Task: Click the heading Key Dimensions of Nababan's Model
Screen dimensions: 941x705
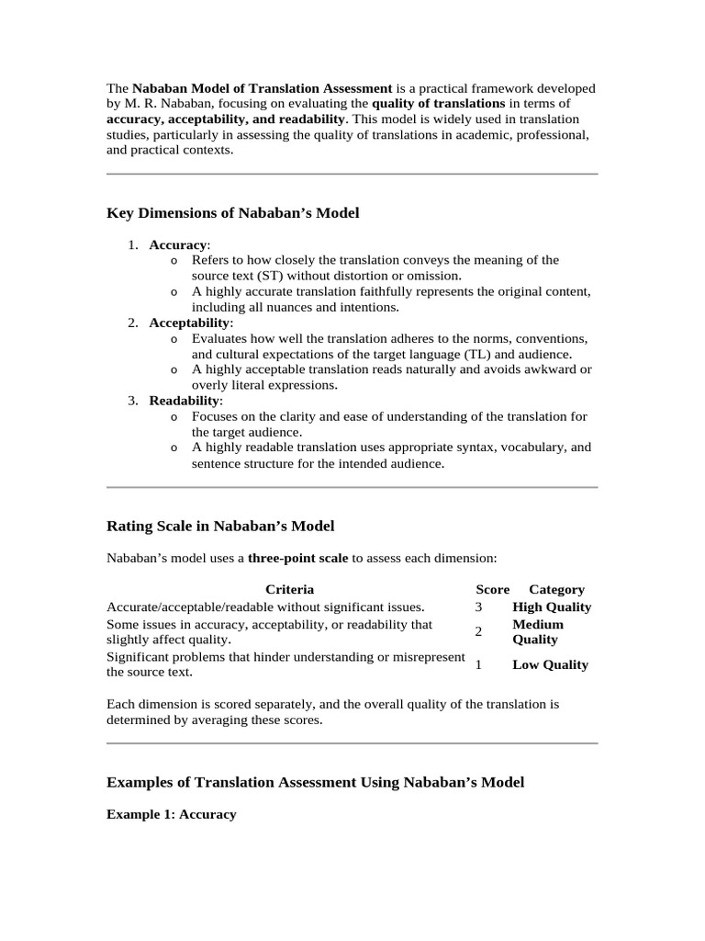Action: [x=233, y=213]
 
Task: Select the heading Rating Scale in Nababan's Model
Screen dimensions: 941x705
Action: [x=220, y=527]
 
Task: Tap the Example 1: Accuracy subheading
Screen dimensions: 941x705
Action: [x=171, y=814]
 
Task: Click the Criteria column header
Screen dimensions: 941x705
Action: [x=289, y=589]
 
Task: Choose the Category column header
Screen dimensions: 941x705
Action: [x=556, y=589]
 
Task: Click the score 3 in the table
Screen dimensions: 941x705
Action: [x=478, y=607]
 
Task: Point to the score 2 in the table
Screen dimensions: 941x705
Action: [x=478, y=632]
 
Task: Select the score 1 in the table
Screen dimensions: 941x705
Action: [x=478, y=664]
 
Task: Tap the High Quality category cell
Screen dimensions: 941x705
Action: [x=552, y=607]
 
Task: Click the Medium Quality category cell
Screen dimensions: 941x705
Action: [x=538, y=632]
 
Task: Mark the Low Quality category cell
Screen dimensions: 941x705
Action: [x=550, y=664]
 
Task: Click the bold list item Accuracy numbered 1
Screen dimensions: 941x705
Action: [x=178, y=244]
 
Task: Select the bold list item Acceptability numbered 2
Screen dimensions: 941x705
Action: [x=190, y=323]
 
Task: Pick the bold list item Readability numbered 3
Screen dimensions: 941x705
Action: [x=185, y=401]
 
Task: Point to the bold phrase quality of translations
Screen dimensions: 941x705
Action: [x=438, y=104]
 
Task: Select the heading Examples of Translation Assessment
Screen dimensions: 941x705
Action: [x=315, y=783]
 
